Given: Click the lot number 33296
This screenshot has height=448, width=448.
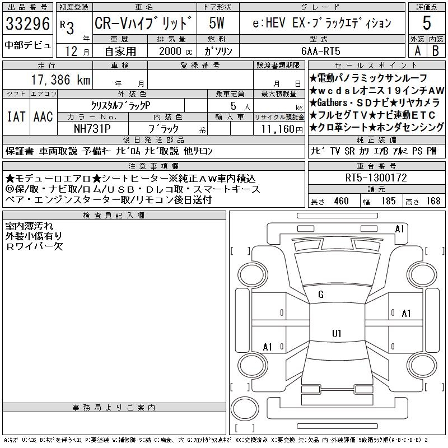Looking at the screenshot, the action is [x=27, y=24].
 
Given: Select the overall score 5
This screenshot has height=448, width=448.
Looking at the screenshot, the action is [x=427, y=24].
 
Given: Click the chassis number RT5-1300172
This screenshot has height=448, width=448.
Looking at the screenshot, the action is [x=376, y=178].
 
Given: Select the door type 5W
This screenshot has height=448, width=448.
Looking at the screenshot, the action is [x=218, y=24].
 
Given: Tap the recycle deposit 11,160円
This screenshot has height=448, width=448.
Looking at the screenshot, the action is [x=279, y=129].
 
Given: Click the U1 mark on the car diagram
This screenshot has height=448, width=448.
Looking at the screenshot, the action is [x=337, y=333].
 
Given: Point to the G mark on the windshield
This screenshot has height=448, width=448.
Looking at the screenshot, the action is [x=321, y=295].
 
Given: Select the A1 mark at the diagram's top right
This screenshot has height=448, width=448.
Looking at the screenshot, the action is [x=400, y=228].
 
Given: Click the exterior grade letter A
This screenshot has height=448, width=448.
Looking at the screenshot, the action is [x=417, y=50].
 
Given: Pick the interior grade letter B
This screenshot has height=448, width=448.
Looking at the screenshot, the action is [x=435, y=50].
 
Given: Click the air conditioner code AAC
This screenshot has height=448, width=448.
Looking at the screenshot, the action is [x=43, y=116].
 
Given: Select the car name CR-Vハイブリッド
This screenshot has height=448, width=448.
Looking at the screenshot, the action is [x=144, y=24].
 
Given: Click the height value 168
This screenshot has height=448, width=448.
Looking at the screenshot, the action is [x=433, y=201].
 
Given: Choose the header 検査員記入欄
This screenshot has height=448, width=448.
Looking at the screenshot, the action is [x=114, y=216].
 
